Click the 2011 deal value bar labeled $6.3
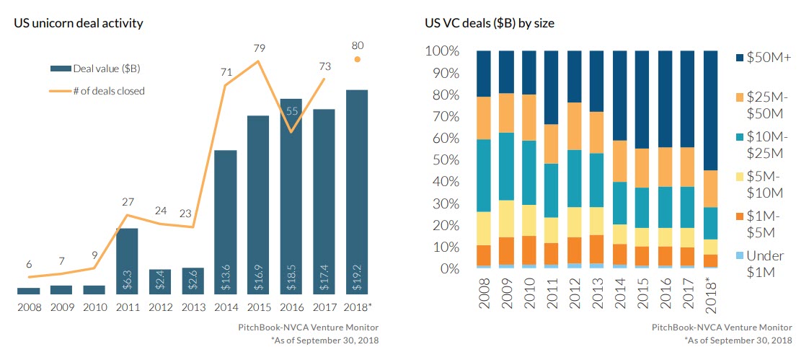click(x=127, y=261)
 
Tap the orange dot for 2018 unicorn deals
click(x=356, y=60)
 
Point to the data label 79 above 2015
click(x=258, y=49)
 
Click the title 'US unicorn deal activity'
click(x=79, y=23)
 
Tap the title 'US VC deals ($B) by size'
click(x=489, y=23)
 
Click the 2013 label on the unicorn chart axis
click(x=193, y=307)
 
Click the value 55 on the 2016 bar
click(x=291, y=111)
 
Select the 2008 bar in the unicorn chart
click(x=29, y=291)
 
